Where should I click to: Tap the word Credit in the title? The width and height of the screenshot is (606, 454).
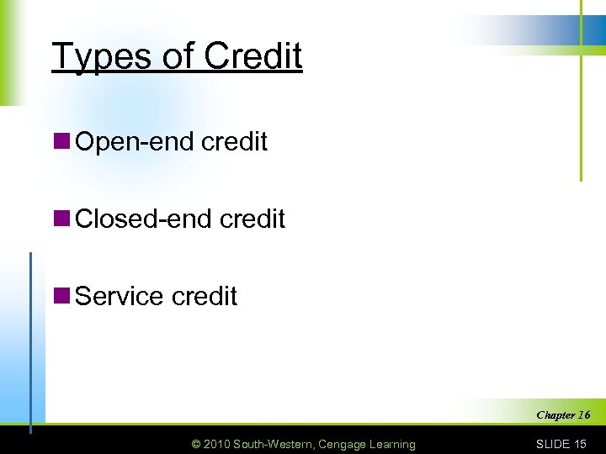[x=252, y=55]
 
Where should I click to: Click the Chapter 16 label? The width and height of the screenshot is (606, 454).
[x=562, y=414]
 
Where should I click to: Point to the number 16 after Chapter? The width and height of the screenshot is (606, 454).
[x=583, y=414]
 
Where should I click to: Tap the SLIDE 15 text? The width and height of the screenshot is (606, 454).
[x=561, y=444]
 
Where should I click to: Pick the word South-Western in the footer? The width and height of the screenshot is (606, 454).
[x=275, y=444]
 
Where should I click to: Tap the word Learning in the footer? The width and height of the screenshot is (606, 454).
[x=391, y=444]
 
